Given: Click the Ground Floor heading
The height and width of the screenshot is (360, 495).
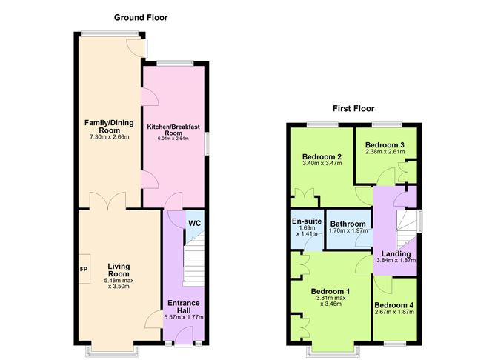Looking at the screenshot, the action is pyautogui.click(x=141, y=17).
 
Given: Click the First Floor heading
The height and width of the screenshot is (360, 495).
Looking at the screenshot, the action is pyautogui.click(x=353, y=109).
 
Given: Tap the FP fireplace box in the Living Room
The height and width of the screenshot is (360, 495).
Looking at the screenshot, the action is pyautogui.click(x=84, y=269).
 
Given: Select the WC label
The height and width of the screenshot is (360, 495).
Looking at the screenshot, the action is pyautogui.click(x=194, y=224).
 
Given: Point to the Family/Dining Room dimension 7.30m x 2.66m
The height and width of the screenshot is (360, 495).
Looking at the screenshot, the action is pyautogui.click(x=109, y=137).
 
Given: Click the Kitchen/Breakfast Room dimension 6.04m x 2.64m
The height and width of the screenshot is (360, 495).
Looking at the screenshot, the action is pyautogui.click(x=173, y=139).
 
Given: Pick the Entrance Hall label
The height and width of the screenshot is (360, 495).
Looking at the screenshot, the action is pyautogui.click(x=184, y=307).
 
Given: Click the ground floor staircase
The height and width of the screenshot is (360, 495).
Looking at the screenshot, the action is pyautogui.click(x=194, y=259).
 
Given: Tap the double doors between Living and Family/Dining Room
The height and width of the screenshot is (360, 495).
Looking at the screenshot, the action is pyautogui.click(x=108, y=201).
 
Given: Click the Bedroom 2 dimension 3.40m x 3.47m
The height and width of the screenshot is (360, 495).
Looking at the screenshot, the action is pyautogui.click(x=322, y=163).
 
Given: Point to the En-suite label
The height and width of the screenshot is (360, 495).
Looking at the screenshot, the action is pyautogui.click(x=307, y=221).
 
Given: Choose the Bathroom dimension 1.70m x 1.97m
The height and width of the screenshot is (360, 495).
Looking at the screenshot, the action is pyautogui.click(x=348, y=230).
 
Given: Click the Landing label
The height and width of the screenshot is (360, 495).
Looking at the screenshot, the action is pyautogui.click(x=396, y=253).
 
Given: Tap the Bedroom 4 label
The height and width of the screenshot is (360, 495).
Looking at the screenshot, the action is pyautogui.click(x=394, y=305).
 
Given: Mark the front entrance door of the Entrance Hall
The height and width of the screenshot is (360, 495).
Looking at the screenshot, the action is pyautogui.click(x=184, y=336).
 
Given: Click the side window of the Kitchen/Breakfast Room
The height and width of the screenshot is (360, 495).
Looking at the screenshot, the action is pyautogui.click(x=207, y=144).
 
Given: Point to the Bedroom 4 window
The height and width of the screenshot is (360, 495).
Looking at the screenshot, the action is pyautogui.click(x=395, y=343).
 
